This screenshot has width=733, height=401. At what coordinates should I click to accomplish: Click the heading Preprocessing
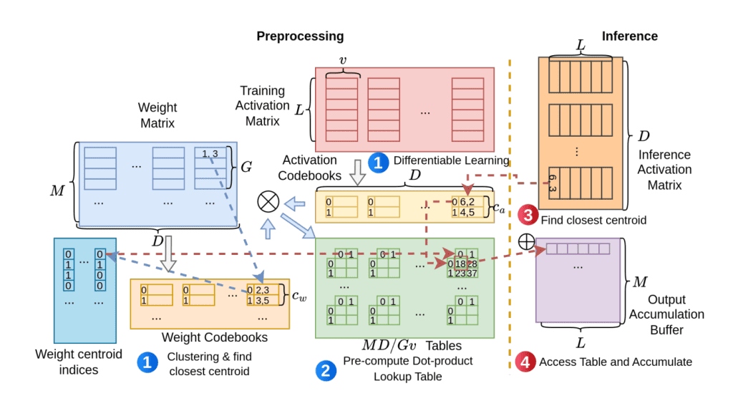(300, 36)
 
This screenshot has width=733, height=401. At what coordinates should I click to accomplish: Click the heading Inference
(629, 36)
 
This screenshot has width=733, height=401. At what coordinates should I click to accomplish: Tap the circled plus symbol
(526, 241)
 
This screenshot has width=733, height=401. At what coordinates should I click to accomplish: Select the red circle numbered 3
(528, 216)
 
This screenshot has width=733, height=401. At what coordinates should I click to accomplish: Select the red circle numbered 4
(525, 361)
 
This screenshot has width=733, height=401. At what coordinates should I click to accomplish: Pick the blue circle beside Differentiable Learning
(378, 161)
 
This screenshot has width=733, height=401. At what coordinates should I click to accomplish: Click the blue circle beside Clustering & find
(147, 362)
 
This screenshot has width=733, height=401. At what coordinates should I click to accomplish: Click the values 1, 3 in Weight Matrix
(210, 154)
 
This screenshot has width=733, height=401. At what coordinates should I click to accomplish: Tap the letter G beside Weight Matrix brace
(246, 167)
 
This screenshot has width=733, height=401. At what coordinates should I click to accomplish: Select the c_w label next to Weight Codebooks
(301, 294)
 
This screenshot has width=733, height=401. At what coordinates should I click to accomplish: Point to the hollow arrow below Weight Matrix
(168, 252)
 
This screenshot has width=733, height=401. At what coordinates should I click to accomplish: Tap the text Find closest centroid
(593, 220)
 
